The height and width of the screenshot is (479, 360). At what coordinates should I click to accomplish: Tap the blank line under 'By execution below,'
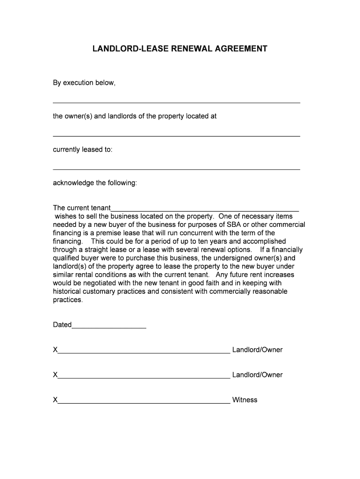pyautogui.click(x=176, y=102)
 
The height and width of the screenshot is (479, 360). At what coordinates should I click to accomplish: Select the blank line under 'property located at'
pyautogui.click(x=176, y=135)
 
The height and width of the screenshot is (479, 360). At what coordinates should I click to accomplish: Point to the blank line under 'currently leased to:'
pyautogui.click(x=176, y=168)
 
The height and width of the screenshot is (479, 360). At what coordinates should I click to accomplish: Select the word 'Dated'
pyautogui.click(x=62, y=325)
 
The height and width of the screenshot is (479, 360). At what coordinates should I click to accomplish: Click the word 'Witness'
pyautogui.click(x=245, y=400)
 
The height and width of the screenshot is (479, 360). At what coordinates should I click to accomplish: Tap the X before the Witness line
pyautogui.click(x=55, y=400)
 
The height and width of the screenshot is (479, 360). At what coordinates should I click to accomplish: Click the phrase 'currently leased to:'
pyautogui.click(x=83, y=150)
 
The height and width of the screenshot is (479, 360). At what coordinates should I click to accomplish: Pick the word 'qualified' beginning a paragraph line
pyautogui.click(x=66, y=258)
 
